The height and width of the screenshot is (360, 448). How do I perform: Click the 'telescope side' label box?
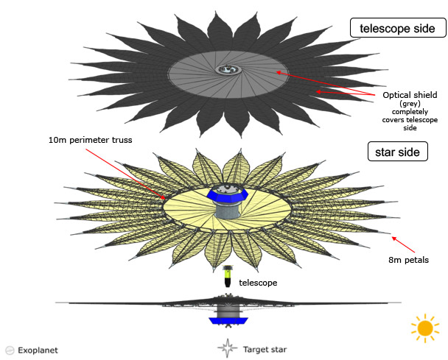coord(398,28)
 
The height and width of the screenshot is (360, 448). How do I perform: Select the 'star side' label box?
coord(397,152)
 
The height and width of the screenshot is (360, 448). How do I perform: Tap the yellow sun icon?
coord(425,328)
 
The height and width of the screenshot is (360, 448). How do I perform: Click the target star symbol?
coord(228,348)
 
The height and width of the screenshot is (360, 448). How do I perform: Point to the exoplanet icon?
coord(10,350)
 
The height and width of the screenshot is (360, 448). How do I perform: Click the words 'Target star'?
coord(265,350)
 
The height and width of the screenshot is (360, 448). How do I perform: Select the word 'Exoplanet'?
coord(38,350)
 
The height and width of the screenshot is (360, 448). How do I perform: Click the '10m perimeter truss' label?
coord(91,140)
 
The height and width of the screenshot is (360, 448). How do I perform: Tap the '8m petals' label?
coord(408,260)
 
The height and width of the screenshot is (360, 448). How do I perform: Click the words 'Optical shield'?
coord(410,95)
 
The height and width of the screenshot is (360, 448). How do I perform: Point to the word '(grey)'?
coord(410,104)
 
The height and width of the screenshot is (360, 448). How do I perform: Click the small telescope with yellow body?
coord(228,276)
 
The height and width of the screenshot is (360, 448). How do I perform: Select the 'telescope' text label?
coord(258,283)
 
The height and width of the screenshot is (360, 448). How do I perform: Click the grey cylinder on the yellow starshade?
coord(228,210)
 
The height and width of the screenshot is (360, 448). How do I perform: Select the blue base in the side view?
coord(228,321)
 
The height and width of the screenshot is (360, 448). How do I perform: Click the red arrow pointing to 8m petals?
coord(403,244)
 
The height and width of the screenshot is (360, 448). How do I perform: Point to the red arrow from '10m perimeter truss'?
coord(126,174)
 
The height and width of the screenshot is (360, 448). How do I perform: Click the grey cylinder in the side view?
coord(228,311)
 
